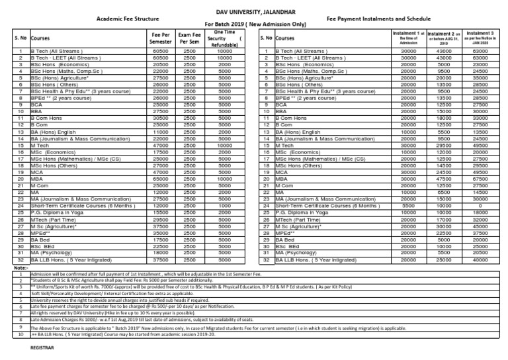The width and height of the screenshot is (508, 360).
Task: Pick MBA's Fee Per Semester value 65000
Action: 159,178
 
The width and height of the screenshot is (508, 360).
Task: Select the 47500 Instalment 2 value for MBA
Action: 444,178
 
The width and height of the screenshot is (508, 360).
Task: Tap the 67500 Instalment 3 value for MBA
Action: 480,178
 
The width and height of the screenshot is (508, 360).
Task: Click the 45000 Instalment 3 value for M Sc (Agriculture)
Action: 480,226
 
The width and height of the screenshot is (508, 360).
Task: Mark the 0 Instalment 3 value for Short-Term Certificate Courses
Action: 480,205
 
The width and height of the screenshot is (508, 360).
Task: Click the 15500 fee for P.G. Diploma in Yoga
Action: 159,212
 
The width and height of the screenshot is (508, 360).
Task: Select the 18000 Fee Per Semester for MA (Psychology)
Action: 159,252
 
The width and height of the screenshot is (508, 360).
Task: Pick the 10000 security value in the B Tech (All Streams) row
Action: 225,50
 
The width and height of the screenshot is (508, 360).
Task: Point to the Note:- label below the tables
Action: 10,268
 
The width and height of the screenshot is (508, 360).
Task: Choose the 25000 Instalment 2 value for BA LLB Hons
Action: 444,261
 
